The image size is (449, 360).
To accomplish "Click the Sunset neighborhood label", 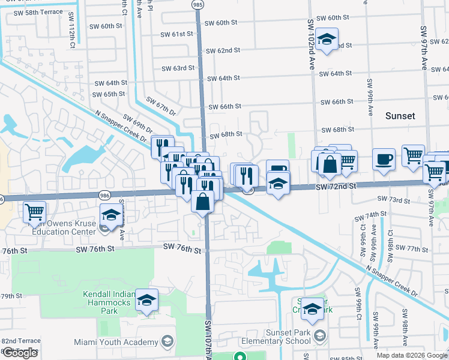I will click(400, 115).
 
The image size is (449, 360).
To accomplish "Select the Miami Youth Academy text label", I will click(115, 342).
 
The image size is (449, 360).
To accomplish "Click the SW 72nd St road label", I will click(337, 187).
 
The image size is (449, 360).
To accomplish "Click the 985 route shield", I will click(198, 5).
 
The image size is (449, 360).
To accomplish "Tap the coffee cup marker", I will click(384, 160).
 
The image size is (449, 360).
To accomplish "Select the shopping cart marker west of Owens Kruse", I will click(35, 211).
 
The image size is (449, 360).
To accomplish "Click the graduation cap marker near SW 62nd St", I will click(327, 40).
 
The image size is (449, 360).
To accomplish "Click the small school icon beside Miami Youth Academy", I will click(166, 342).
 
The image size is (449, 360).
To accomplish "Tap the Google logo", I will click(20, 353).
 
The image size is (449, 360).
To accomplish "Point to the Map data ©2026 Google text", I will click(412, 355).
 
